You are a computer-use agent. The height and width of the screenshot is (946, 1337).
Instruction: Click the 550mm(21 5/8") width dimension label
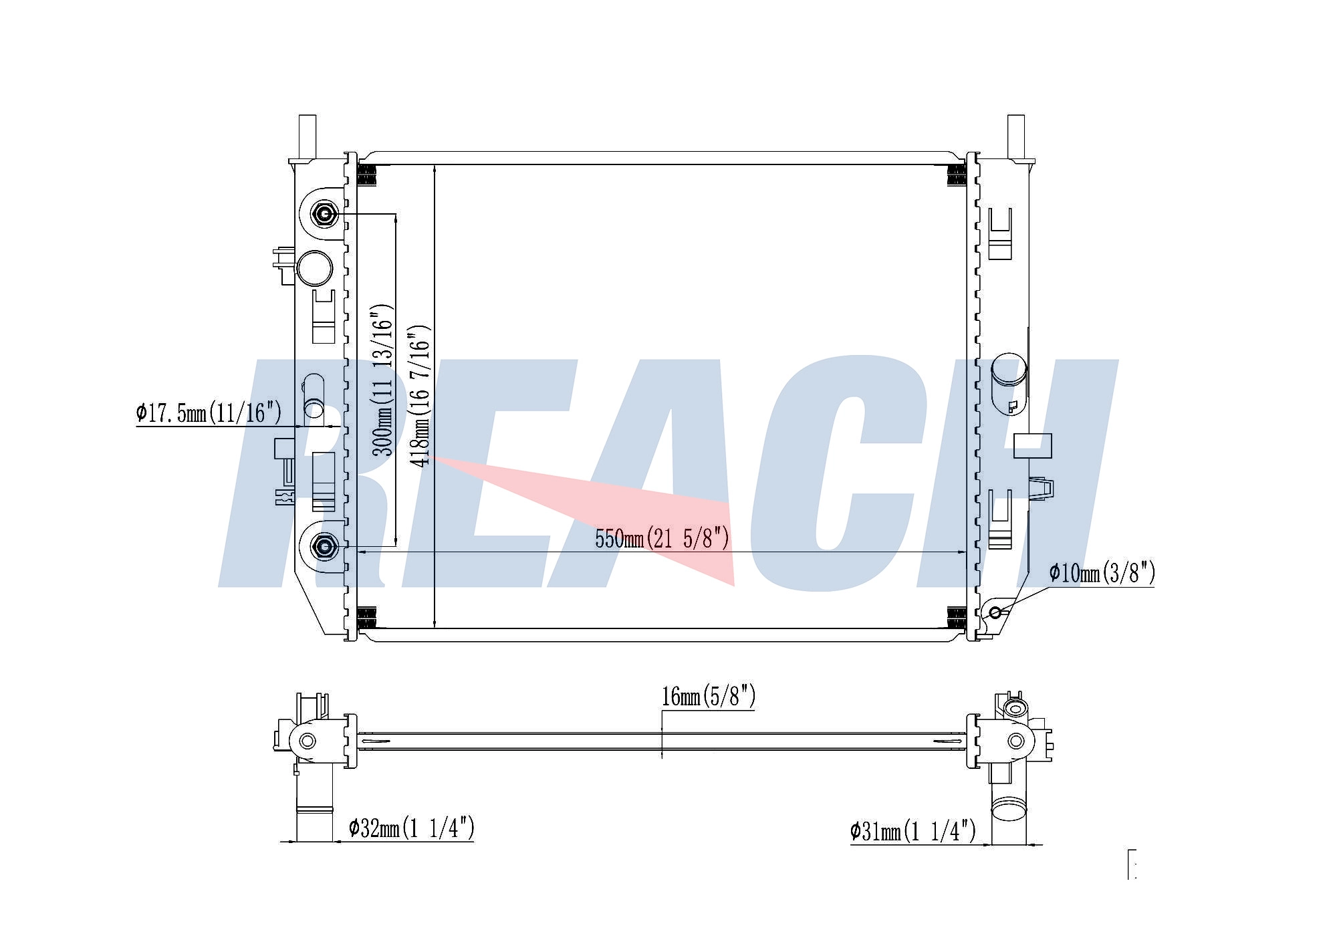[662, 538]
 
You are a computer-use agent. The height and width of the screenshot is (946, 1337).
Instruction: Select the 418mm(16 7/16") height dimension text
[420, 396]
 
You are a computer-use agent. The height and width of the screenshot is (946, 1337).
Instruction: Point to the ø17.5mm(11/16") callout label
[209, 412]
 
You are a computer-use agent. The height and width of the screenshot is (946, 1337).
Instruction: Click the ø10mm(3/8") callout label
[1102, 572]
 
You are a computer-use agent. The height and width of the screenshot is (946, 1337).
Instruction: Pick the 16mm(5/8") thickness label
[709, 696]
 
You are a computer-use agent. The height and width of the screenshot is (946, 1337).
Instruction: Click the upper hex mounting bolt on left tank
[325, 214]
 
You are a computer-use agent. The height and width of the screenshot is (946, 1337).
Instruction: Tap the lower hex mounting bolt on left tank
[325, 547]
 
